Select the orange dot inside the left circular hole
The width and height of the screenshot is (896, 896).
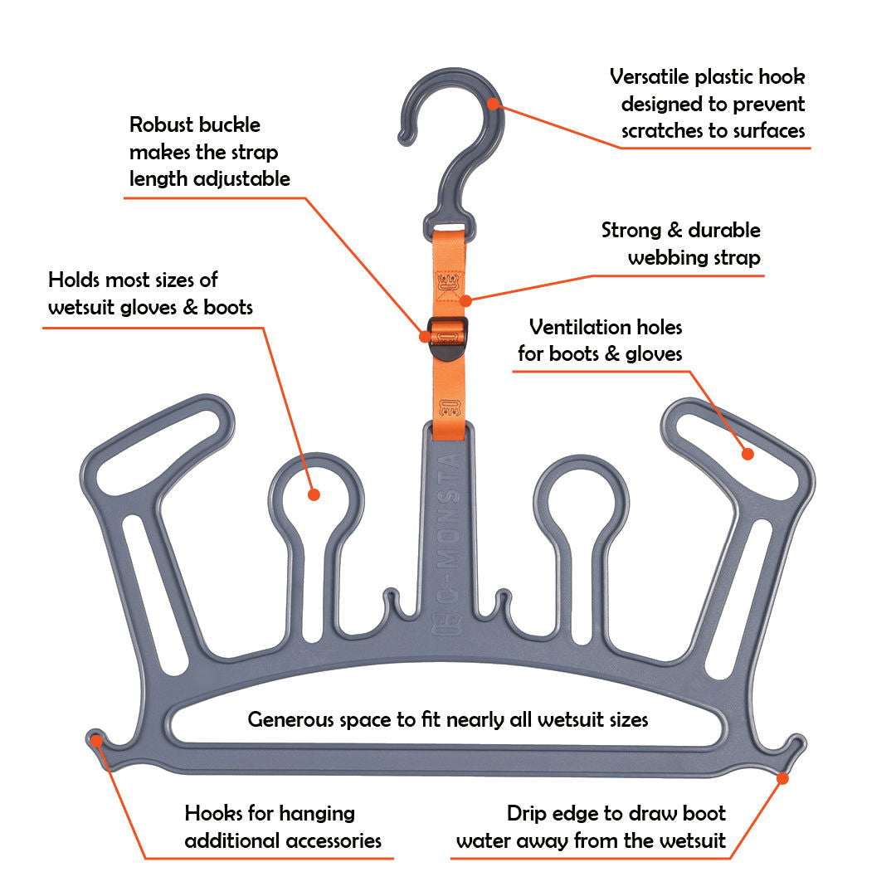tap(314, 494)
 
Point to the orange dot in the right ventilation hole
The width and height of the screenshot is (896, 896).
tap(747, 454)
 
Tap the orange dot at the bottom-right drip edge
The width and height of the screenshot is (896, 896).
tap(782, 777)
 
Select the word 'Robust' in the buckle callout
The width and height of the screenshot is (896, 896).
tap(161, 125)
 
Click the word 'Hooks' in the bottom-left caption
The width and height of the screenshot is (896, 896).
tap(212, 813)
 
